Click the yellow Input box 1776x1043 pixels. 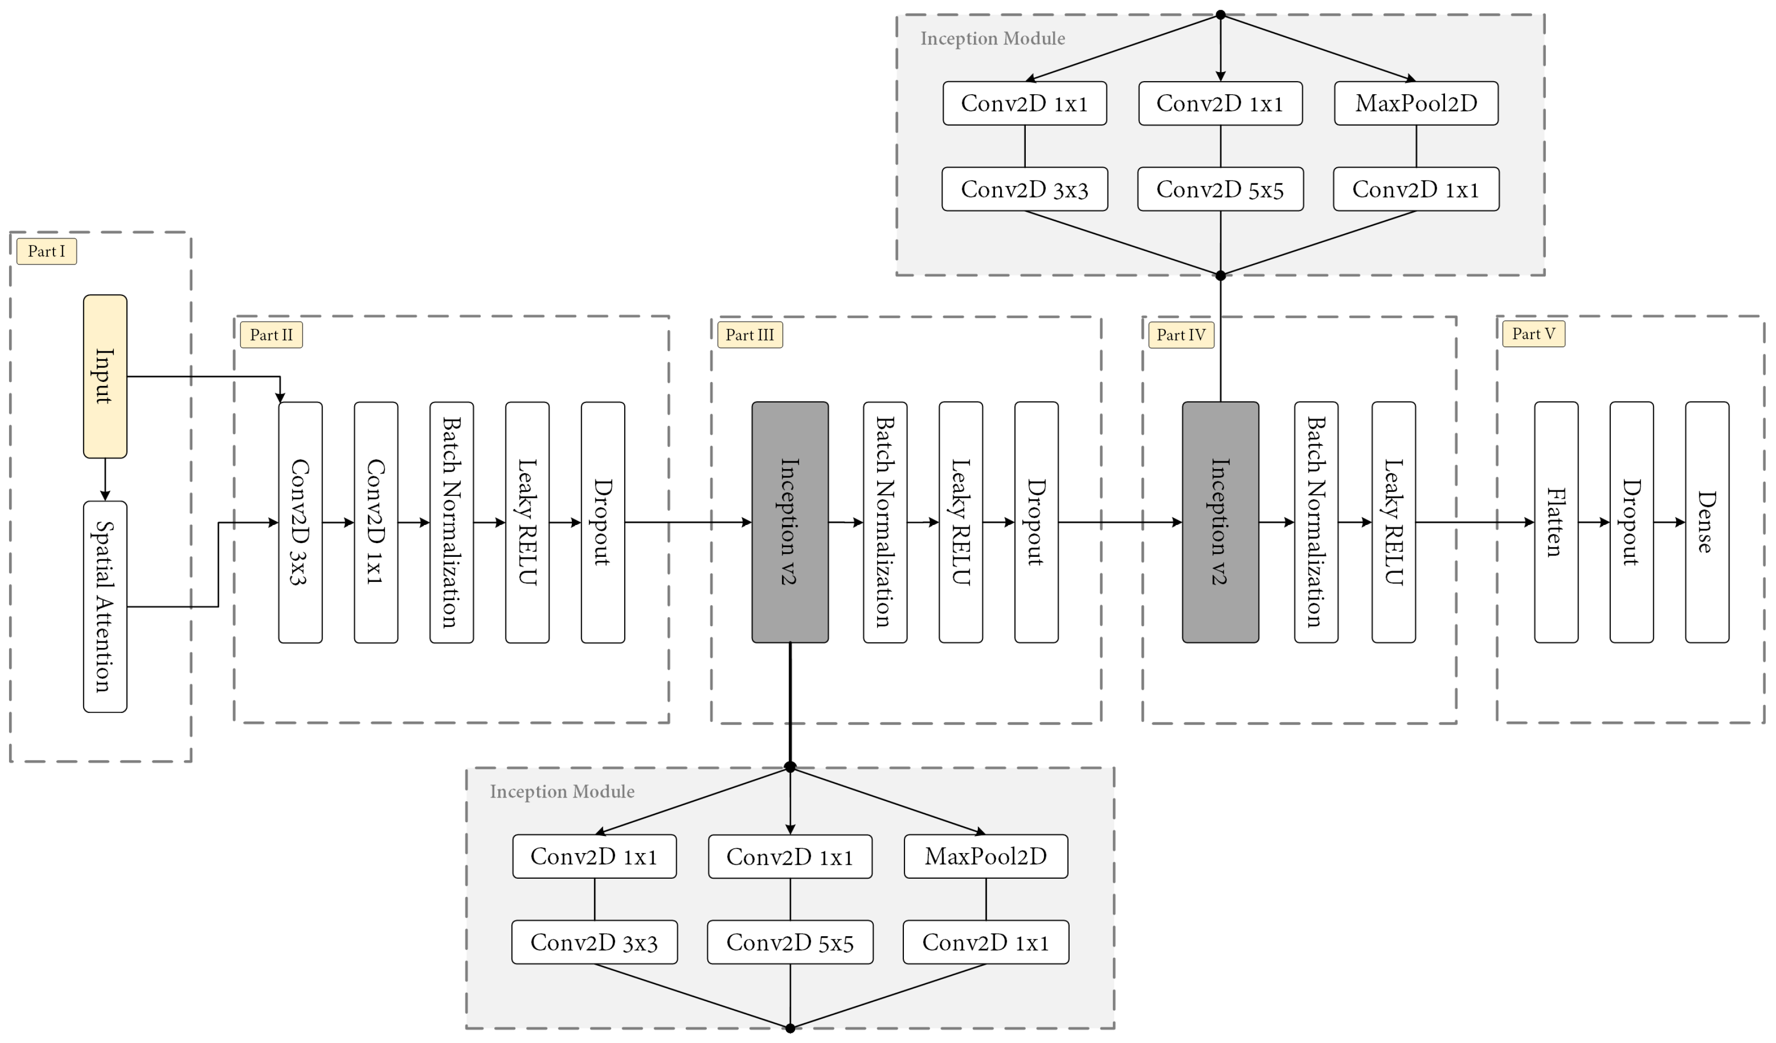pos(105,376)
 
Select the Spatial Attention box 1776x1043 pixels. pos(105,606)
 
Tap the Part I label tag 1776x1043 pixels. pos(46,251)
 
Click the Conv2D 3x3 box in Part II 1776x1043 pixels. pos(300,522)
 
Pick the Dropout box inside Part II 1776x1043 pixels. pos(603,522)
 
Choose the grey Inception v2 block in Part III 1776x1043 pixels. pos(790,522)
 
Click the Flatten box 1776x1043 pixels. pos(1556,522)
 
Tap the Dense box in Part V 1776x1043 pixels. pos(1707,522)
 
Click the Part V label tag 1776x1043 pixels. pos(1534,334)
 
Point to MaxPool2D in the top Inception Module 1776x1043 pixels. pos(1416,104)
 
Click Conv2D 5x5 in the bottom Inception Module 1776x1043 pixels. pos(790,942)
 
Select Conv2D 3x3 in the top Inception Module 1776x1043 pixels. pos(1025,189)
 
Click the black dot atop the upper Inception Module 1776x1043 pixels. pos(1221,15)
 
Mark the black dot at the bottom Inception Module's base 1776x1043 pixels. pos(790,1028)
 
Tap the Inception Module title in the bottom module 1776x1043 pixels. pos(562,792)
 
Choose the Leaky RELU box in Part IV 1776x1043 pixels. pos(1393,522)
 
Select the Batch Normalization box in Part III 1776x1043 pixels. pos(885,522)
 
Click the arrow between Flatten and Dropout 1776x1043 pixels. pos(1594,522)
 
